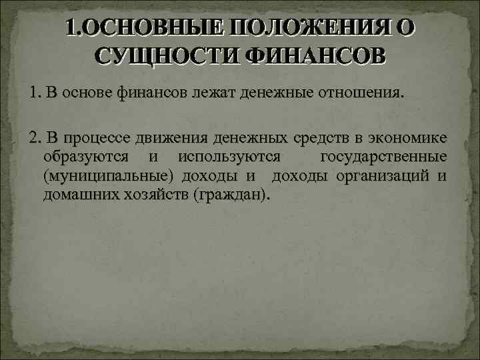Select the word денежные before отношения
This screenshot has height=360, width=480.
[273, 93]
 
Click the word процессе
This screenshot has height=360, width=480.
[98, 139]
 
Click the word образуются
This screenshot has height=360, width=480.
[86, 157]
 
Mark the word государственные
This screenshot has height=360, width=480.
[383, 157]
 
